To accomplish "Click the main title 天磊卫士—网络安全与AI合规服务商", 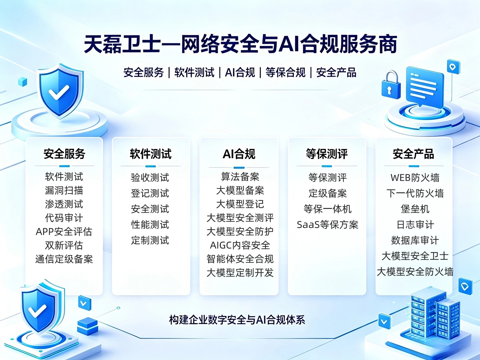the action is tap(240, 44).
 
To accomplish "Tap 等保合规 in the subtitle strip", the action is tap(285, 72).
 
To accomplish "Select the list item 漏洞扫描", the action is tap(64, 190).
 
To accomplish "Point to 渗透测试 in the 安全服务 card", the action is tap(64, 204).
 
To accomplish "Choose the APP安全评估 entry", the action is tap(64, 231).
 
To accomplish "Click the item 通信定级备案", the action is tap(64, 259).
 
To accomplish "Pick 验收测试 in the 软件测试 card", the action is tap(150, 178).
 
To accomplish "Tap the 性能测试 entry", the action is tap(150, 225).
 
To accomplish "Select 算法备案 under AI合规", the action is tap(240, 177).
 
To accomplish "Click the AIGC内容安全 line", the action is tap(240, 245).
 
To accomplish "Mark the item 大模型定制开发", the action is tap(240, 273).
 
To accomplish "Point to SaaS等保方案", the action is tap(327, 225).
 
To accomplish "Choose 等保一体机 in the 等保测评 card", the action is tap(327, 209).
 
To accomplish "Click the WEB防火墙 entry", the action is tap(415, 178).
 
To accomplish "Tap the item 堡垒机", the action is tap(415, 209).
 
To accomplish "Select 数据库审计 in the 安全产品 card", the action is tap(415, 240).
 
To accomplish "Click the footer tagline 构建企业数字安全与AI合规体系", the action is tap(237, 320).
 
